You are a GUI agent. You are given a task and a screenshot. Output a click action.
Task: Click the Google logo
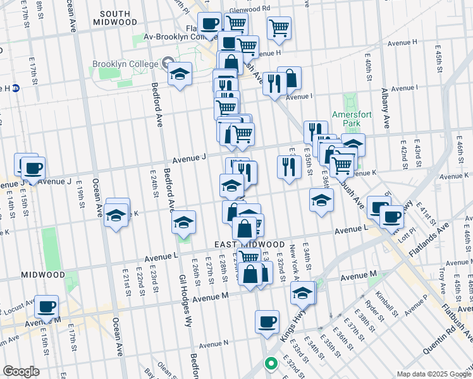tap(21, 371)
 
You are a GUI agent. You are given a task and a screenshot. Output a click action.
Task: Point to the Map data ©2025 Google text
tap(433, 374)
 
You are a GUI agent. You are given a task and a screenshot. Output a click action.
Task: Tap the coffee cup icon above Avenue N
tap(267, 322)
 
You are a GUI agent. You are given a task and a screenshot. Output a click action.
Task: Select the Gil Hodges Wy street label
tap(183, 298)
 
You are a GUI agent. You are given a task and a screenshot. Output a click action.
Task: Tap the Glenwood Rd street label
tap(250, 8)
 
